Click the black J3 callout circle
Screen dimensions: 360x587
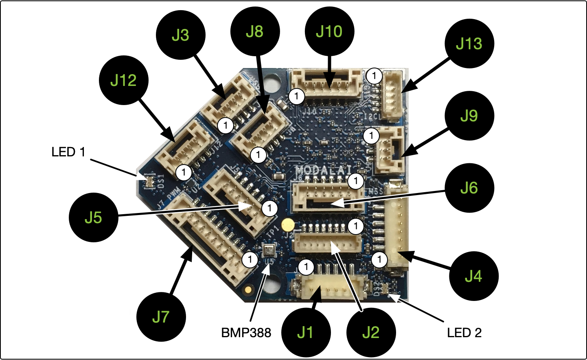click(180, 35)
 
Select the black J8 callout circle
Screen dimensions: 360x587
click(255, 31)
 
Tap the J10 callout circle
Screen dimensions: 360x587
click(329, 31)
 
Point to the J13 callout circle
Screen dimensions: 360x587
click(469, 44)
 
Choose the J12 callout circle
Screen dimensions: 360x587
click(123, 80)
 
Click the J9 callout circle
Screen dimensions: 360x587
click(469, 116)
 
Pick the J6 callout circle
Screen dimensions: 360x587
click(469, 188)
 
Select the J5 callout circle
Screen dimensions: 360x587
click(93, 217)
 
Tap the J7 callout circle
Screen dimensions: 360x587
click(161, 317)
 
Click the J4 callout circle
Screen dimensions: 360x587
click(473, 276)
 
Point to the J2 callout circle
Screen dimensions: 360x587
click(371, 333)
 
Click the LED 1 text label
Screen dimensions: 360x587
click(68, 152)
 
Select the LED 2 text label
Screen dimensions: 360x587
click(464, 333)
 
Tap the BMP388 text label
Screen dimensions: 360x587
click(246, 333)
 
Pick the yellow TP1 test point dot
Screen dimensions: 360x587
click(288, 224)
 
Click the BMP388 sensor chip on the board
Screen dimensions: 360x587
click(269, 250)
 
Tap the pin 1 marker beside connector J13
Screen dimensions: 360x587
click(374, 76)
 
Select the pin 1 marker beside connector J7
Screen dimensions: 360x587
click(250, 259)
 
